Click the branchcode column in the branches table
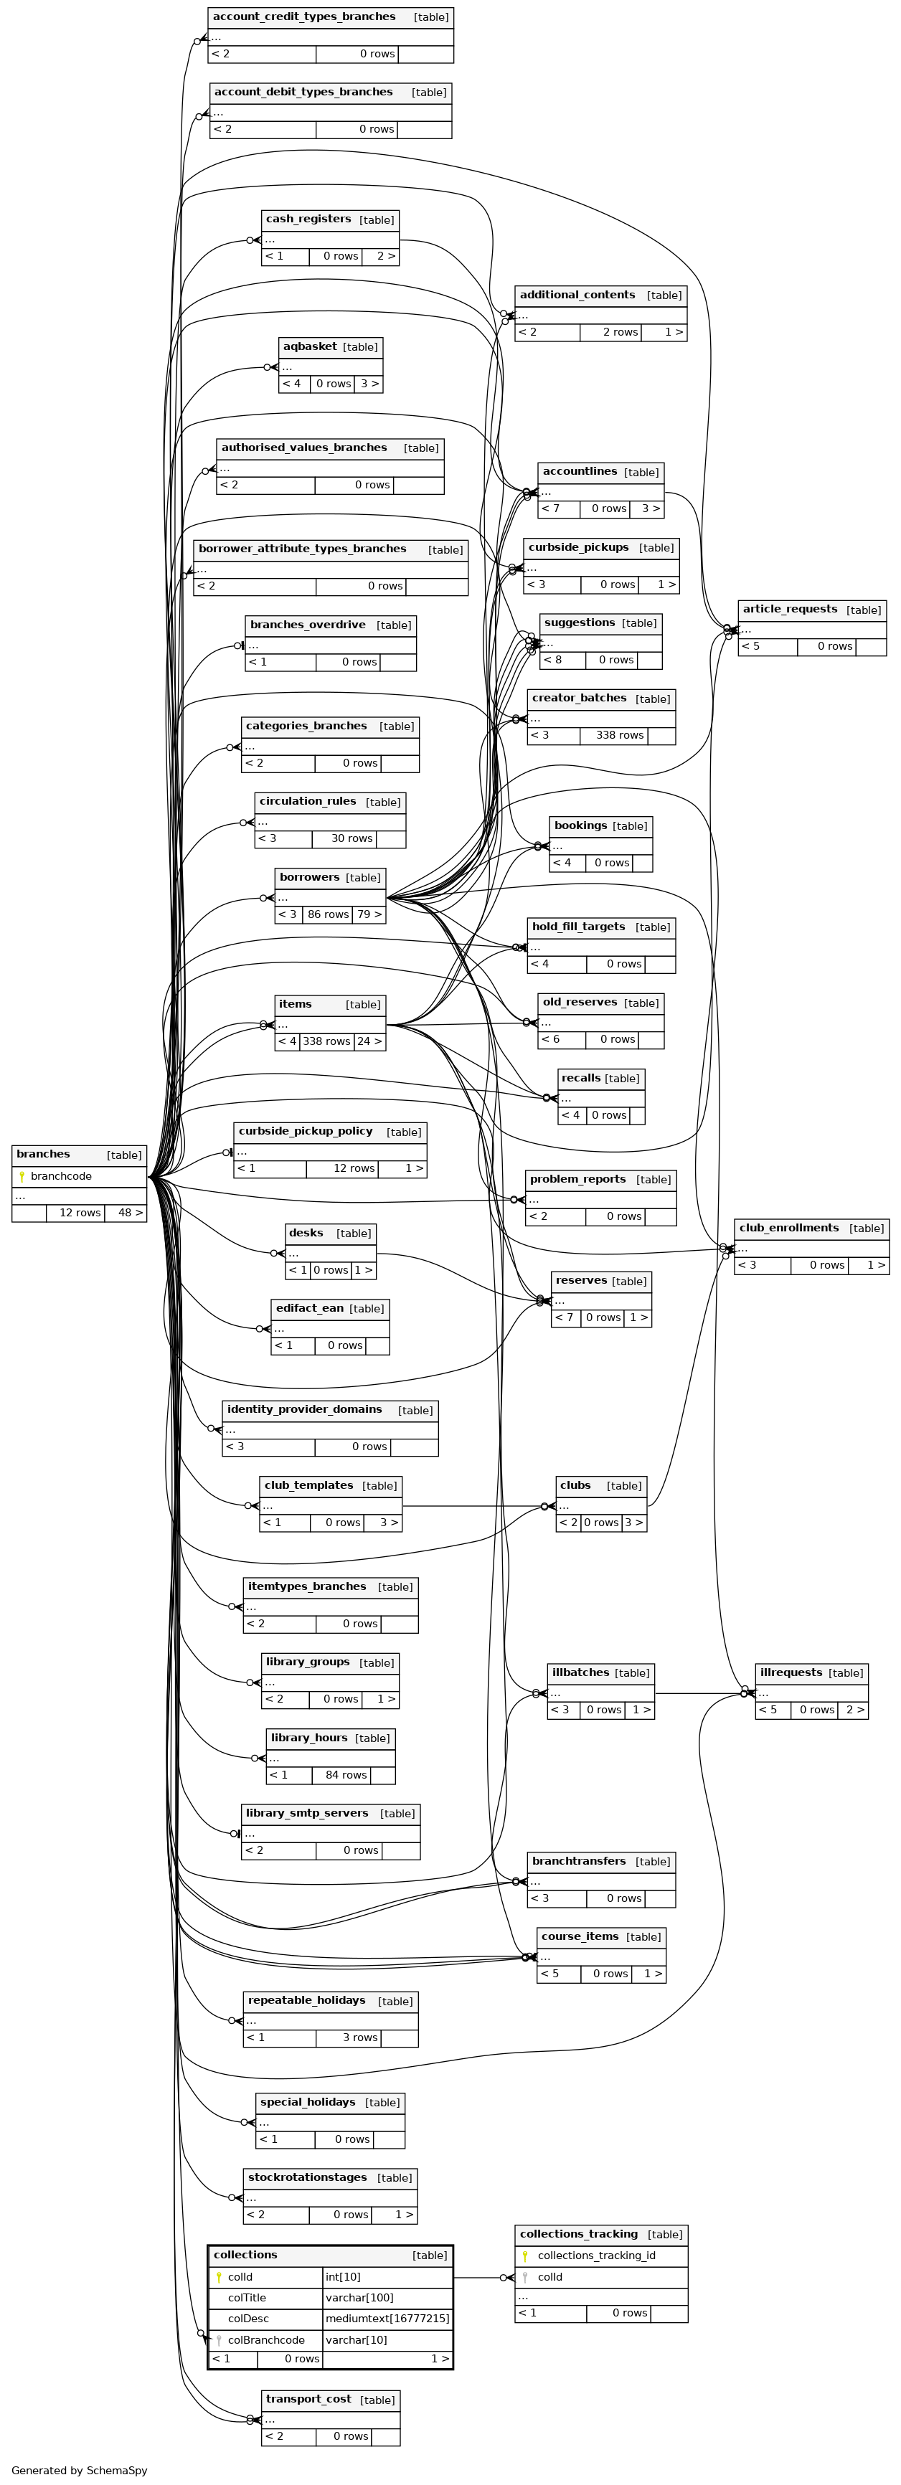tap(61, 1176)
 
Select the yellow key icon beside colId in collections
tap(219, 2276)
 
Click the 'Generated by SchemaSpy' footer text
tap(79, 2471)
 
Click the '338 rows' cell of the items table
tap(326, 1042)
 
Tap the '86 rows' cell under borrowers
tap(327, 914)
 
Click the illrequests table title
tap(791, 1672)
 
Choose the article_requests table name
tap(789, 610)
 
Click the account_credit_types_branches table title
tap(304, 17)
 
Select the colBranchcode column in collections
tap(266, 2340)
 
